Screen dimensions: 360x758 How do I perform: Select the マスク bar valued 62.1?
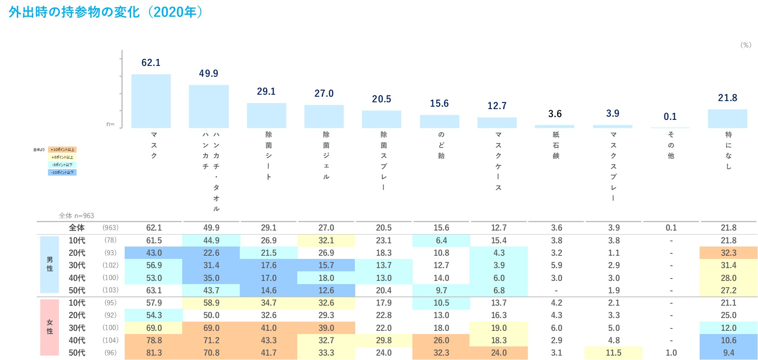pyautogui.click(x=151, y=101)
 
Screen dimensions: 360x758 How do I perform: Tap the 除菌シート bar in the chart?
pyautogui.click(x=267, y=115)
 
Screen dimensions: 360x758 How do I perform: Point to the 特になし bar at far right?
pyautogui.click(x=728, y=119)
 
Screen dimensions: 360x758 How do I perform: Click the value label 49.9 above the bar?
pyautogui.click(x=209, y=74)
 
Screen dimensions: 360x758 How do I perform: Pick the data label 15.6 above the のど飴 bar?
pyautogui.click(x=439, y=103)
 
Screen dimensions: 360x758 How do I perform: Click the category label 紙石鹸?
pyautogui.click(x=556, y=145)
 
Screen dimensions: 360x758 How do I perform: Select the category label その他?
pyautogui.click(x=671, y=145)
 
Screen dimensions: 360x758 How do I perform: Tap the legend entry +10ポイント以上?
pyautogui.click(x=62, y=150)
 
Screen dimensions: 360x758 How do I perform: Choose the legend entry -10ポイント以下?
pyautogui.click(x=62, y=173)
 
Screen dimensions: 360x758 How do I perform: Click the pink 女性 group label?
pyautogui.click(x=50, y=327)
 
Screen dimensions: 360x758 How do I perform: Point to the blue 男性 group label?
pyautogui.click(x=50, y=264)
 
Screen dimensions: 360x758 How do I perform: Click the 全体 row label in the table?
pyautogui.click(x=77, y=228)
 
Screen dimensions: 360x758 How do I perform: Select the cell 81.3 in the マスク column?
pyautogui.click(x=154, y=353)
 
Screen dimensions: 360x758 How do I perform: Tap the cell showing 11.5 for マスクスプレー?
pyautogui.click(x=613, y=353)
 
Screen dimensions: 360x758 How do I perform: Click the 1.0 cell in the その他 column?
pyautogui.click(x=671, y=353)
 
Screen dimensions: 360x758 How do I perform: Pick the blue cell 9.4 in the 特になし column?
pyautogui.click(x=728, y=353)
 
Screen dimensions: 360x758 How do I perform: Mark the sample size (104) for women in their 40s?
pyautogui.click(x=110, y=340)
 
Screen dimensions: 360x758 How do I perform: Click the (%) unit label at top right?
pyautogui.click(x=746, y=45)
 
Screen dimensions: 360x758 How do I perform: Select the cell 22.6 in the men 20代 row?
pyautogui.click(x=211, y=253)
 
